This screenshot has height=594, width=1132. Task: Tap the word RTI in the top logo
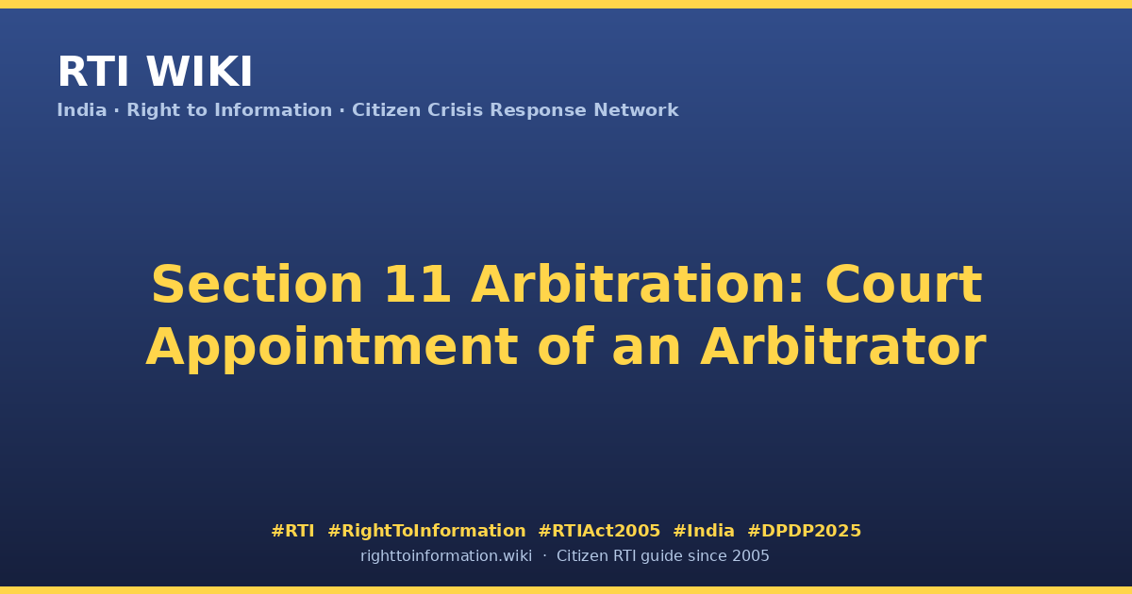(93, 72)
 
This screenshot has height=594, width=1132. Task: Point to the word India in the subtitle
(82, 110)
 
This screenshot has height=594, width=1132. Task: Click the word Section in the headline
(257, 285)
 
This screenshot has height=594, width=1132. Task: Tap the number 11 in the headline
(417, 285)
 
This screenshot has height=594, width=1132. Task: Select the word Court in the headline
(904, 285)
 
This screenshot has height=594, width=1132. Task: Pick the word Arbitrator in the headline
(843, 347)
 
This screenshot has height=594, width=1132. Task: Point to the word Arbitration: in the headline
(637, 285)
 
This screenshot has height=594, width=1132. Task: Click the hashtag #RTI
(292, 531)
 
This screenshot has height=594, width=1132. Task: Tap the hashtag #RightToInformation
(426, 532)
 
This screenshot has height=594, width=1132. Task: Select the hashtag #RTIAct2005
(599, 531)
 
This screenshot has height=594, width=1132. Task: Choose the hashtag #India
(704, 531)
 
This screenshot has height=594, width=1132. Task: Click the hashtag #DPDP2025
(804, 531)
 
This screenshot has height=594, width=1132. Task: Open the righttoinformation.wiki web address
(445, 556)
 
